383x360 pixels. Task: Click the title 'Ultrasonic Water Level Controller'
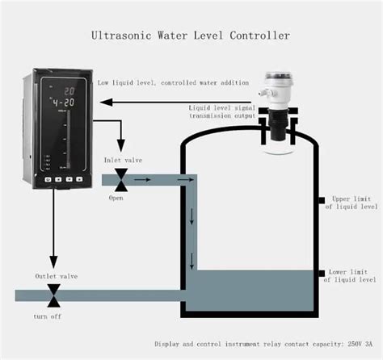click(191, 36)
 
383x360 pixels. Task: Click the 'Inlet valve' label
click(123, 161)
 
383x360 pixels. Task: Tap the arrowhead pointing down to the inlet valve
click(121, 148)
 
